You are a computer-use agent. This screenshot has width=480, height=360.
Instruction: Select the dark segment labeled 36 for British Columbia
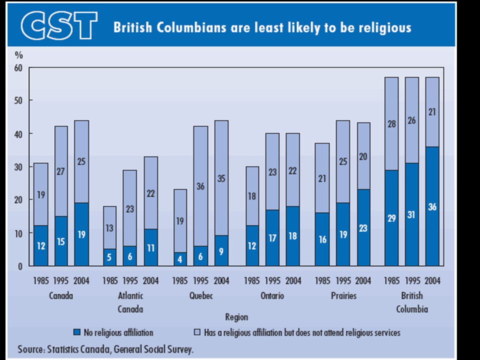pyautogui.click(x=432, y=206)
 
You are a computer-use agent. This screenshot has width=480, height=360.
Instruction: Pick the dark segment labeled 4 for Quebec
pyautogui.click(x=180, y=259)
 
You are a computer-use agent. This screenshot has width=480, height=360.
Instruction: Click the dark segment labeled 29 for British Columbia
pyautogui.click(x=391, y=218)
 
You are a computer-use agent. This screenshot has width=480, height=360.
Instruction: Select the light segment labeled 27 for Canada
pyautogui.click(x=61, y=171)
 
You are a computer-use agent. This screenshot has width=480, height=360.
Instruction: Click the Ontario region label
pyautogui.click(x=272, y=296)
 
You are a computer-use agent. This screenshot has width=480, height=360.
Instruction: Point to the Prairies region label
pyautogui.click(x=343, y=296)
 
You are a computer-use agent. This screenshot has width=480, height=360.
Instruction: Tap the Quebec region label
pyautogui.click(x=201, y=296)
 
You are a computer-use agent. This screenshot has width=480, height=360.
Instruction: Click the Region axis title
pyautogui.click(x=236, y=317)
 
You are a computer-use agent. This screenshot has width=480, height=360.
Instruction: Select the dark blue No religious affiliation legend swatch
pyautogui.click(x=76, y=332)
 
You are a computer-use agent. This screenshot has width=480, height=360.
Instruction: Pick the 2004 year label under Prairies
pyautogui.click(x=364, y=280)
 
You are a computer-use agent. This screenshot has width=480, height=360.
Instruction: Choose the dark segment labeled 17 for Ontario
pyautogui.click(x=272, y=237)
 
